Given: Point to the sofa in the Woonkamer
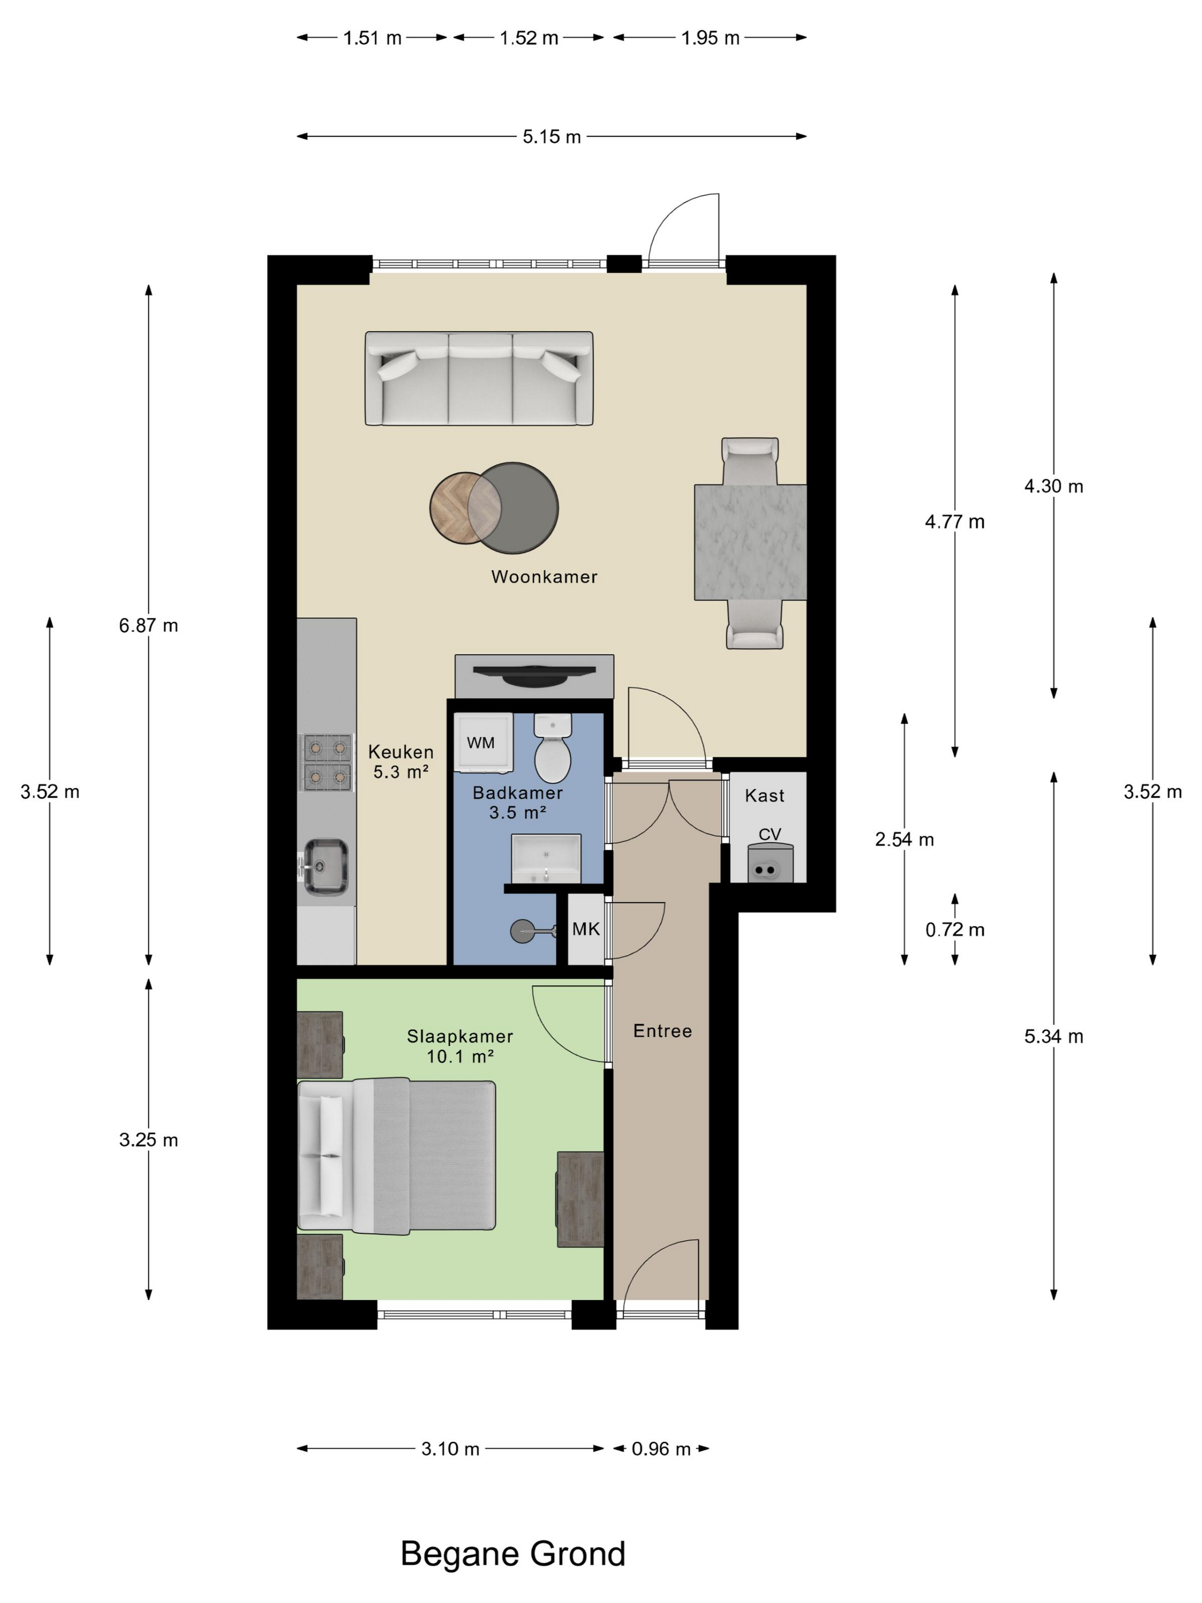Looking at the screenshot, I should tap(479, 379).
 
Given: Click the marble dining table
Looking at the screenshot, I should tap(750, 542).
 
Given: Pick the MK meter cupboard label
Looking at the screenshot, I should tap(586, 929).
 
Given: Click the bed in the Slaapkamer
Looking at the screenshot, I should tap(397, 1156).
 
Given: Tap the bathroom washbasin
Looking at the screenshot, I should tap(546, 859).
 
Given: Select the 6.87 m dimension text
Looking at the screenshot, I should tap(148, 625).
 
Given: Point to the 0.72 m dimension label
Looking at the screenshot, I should tap(954, 930).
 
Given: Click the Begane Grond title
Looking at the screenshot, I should tap(513, 1554).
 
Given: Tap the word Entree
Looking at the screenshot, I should tap(662, 1031).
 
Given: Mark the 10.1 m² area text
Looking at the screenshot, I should tap(460, 1057).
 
